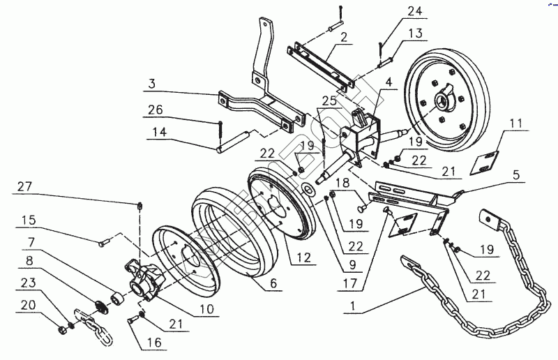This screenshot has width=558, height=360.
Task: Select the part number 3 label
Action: pos(151,84)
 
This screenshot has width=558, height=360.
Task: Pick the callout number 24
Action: pos(414,11)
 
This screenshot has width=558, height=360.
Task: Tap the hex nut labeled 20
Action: pos(62,327)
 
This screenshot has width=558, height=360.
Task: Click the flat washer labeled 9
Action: pos(308,188)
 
